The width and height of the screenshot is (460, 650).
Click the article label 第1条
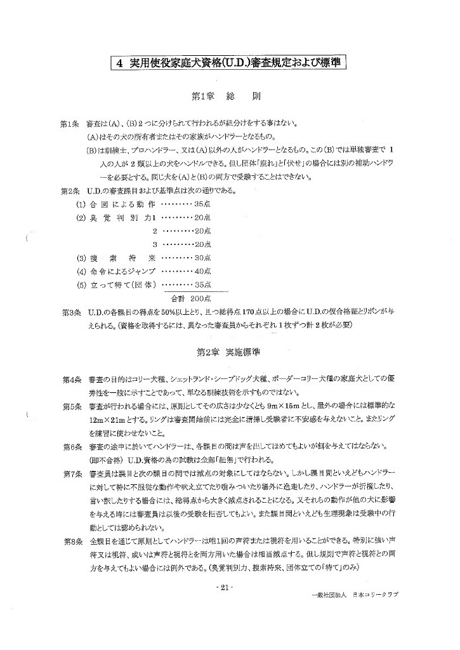[x=69, y=124]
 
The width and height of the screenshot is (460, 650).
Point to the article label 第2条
[x=69, y=191]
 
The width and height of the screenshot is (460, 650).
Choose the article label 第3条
[x=69, y=312]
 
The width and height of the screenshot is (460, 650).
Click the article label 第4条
[x=69, y=379]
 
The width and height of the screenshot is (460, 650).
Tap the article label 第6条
[x=69, y=446]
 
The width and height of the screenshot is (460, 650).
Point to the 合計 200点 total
[x=191, y=298]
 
